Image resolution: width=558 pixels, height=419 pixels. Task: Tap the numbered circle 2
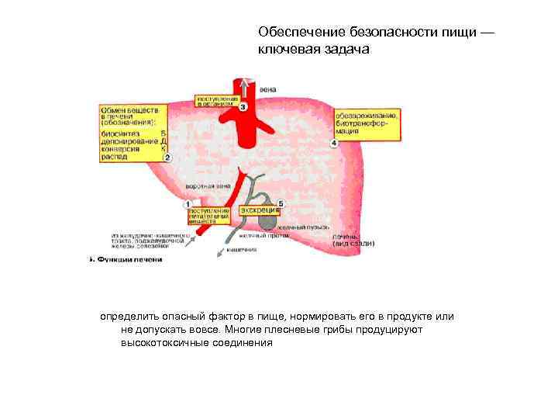[167, 158]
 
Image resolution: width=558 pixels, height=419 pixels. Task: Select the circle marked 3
[243, 106]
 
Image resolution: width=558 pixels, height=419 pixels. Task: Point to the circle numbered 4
[335, 144]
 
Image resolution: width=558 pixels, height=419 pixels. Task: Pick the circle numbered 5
[281, 203]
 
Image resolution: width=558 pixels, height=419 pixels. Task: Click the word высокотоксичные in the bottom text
[164, 341]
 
